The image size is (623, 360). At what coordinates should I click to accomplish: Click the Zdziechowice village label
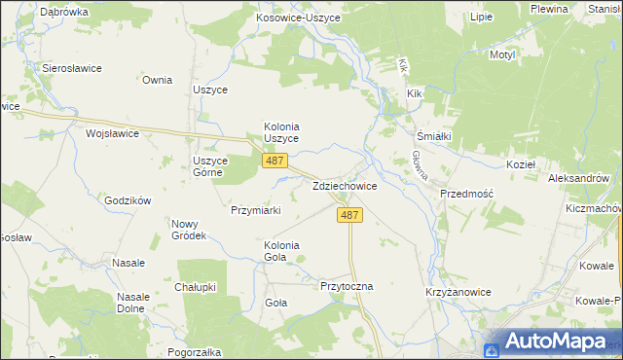click(345, 186)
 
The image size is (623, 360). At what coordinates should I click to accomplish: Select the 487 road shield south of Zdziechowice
click(351, 215)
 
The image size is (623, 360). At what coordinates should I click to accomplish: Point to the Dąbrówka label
click(64, 12)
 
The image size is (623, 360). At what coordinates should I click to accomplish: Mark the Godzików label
click(128, 200)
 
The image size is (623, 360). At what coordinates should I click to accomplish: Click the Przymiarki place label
click(256, 210)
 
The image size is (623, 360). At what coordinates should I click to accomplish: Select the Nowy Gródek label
click(189, 230)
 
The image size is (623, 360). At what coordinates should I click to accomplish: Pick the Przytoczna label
click(347, 287)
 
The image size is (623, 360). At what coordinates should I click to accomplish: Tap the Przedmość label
click(467, 194)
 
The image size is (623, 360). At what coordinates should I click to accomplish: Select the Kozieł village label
click(523, 165)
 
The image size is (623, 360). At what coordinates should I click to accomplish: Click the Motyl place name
click(501, 55)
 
